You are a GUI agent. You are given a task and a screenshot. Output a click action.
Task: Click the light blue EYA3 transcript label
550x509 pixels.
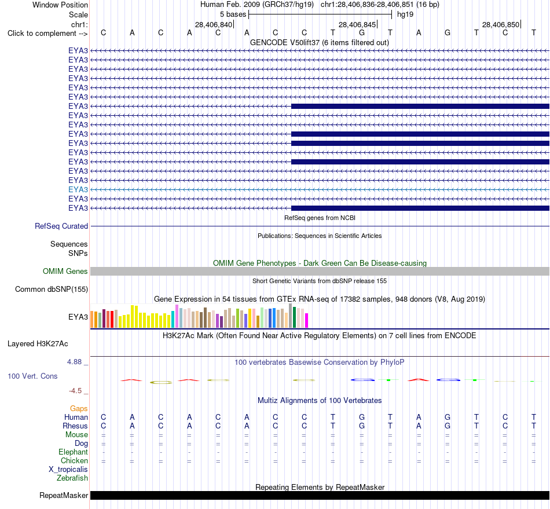click(x=78, y=189)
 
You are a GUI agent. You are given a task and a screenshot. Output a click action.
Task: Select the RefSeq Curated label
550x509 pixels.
click(x=61, y=226)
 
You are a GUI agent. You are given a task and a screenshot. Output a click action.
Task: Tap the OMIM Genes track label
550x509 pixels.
click(x=65, y=271)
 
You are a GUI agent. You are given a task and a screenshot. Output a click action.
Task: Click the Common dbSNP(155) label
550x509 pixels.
click(x=52, y=289)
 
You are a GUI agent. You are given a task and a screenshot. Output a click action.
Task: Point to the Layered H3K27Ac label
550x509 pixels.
click(x=38, y=344)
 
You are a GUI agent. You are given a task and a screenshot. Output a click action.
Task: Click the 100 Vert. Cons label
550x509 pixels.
click(x=32, y=376)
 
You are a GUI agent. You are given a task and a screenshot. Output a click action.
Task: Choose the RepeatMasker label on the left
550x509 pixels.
click(x=64, y=495)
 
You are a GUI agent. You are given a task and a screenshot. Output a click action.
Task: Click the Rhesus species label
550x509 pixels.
click(x=75, y=426)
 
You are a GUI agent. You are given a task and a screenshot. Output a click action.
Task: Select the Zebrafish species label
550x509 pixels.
click(x=72, y=478)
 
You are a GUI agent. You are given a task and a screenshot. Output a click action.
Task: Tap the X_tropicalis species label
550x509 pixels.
click(x=68, y=470)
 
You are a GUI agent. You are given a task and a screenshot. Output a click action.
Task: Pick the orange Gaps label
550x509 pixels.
click(x=79, y=408)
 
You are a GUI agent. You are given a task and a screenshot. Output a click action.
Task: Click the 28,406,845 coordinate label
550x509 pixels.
click(x=357, y=24)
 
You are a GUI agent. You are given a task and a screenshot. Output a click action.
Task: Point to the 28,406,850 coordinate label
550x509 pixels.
click(x=501, y=24)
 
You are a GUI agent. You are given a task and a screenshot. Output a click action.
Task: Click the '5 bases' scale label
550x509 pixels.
click(x=233, y=14)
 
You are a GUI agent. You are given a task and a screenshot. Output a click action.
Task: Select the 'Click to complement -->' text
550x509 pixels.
click(x=47, y=34)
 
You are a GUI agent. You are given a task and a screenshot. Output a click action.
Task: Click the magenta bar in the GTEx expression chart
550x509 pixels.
click(x=307, y=321)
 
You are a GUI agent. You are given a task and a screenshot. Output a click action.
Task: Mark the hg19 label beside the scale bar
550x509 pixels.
click(x=405, y=14)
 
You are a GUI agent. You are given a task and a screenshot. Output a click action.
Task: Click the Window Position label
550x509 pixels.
click(x=60, y=5)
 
